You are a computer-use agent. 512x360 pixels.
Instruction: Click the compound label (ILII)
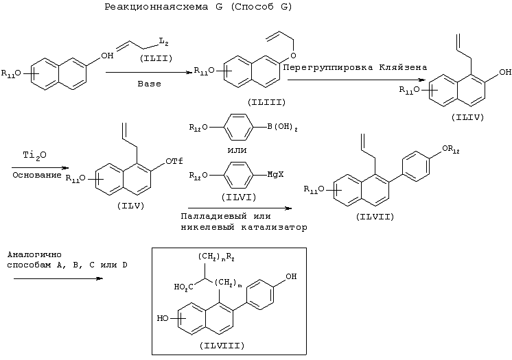tap(156, 58)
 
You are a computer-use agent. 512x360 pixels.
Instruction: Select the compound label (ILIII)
tap(266, 102)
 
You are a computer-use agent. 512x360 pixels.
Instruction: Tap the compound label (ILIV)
tap(467, 117)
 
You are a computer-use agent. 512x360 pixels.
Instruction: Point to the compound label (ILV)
tap(130, 206)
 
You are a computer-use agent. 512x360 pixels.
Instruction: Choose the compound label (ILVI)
tap(239, 197)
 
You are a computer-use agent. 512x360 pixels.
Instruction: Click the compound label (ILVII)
tap(375, 217)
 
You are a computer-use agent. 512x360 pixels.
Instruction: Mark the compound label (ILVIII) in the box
tap(222, 346)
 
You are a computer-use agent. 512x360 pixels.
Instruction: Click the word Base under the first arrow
tap(149, 84)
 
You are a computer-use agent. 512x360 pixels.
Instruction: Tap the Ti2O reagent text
tap(34, 156)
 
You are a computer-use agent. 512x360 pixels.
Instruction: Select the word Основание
tap(37, 175)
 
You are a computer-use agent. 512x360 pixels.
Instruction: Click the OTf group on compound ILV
tap(174, 161)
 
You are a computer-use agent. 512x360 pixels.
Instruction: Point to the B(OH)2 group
tap(283, 127)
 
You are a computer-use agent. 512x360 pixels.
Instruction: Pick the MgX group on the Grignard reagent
tap(276, 175)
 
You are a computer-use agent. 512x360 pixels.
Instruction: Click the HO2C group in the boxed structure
tap(183, 287)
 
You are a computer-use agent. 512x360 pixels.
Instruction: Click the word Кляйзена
tap(403, 68)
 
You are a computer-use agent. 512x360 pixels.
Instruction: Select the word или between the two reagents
tap(237, 150)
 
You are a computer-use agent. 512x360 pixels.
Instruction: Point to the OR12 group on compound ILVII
tap(451, 149)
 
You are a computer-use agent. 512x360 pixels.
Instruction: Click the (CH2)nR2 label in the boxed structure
tap(216, 257)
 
